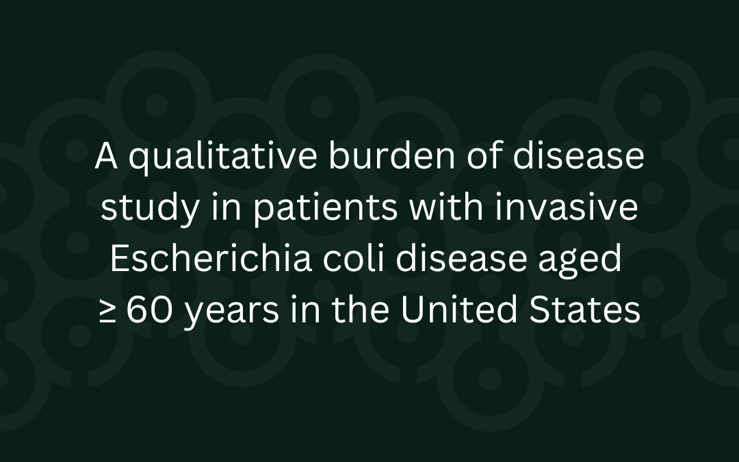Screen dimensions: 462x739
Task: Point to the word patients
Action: pyautogui.click(x=326, y=209)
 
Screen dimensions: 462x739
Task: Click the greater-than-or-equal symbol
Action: pyautogui.click(x=107, y=312)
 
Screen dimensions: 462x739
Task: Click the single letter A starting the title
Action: pyautogui.click(x=107, y=158)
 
